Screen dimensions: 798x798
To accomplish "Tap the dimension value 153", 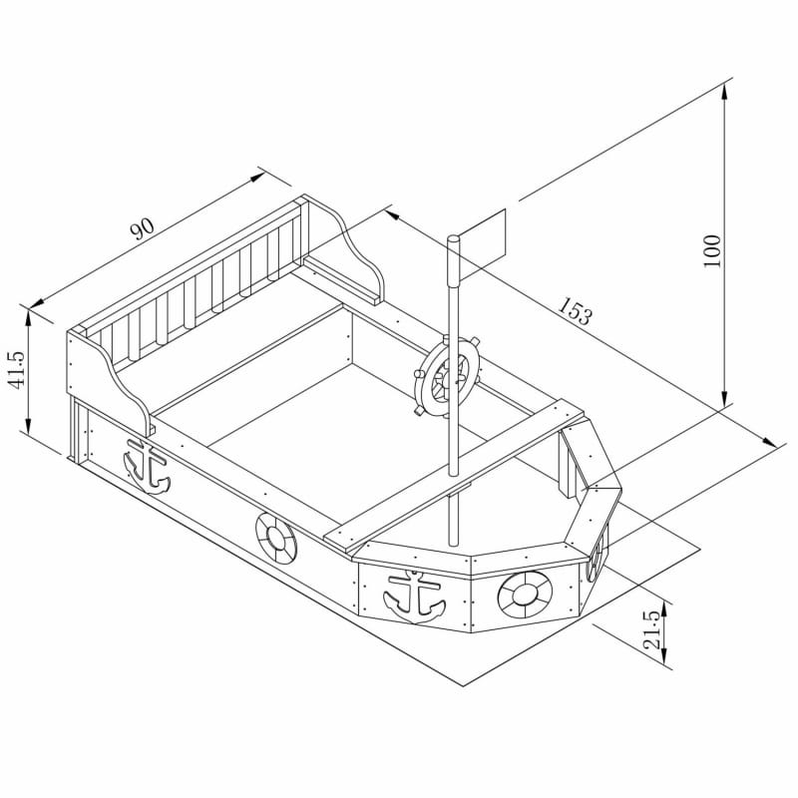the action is click(576, 310).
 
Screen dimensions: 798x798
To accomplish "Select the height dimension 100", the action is click(712, 250).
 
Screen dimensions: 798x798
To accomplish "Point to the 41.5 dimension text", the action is click(17, 369).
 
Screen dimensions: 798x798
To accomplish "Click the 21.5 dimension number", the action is click(654, 630).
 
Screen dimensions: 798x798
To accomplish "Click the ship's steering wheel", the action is click(445, 377).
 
